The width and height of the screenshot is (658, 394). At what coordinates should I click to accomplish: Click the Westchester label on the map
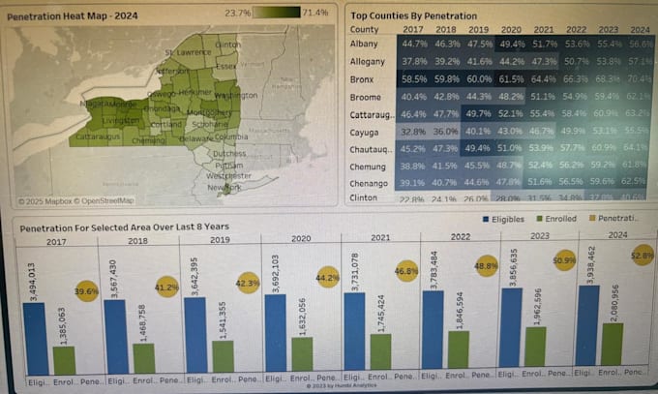[228, 175]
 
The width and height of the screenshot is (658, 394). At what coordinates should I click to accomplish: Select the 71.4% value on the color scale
[315, 14]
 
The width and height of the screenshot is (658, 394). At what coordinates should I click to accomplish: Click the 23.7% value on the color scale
[237, 14]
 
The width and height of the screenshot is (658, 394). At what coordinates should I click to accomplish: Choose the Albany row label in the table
[364, 45]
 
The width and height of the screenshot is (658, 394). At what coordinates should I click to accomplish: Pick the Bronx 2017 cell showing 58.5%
[414, 78]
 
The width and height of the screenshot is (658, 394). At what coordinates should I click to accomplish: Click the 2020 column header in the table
[511, 30]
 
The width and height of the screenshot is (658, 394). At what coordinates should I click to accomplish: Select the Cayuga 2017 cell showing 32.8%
[414, 132]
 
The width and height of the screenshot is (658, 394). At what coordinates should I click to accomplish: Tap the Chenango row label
[370, 181]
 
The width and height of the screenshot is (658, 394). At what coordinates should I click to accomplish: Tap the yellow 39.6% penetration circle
[87, 291]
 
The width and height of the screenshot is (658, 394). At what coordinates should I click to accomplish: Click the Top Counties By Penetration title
[414, 16]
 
